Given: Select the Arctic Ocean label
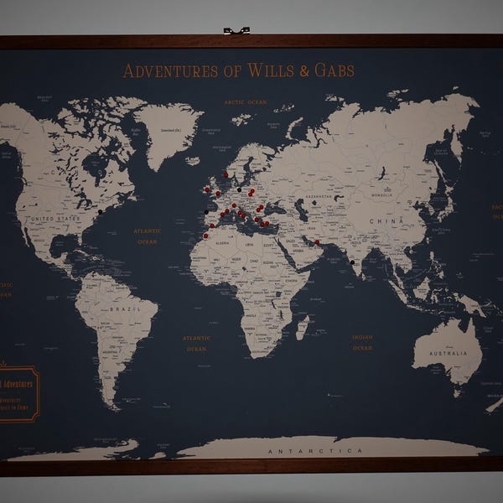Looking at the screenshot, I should (246, 102).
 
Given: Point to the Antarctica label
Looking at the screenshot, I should (315, 451).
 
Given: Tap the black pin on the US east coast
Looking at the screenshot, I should (100, 212).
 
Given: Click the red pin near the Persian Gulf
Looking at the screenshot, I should (318, 243).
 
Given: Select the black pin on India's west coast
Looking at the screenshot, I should (352, 262).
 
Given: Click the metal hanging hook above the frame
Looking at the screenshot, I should (236, 31).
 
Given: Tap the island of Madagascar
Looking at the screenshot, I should (302, 326).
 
